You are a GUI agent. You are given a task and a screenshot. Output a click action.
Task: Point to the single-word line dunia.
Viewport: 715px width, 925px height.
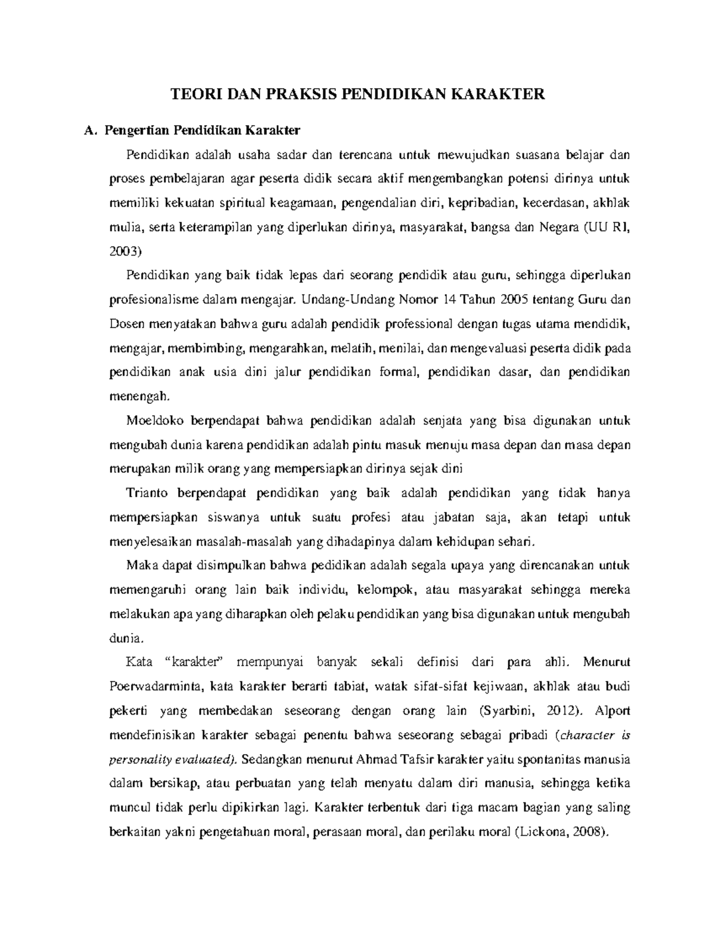(x=127, y=637)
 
